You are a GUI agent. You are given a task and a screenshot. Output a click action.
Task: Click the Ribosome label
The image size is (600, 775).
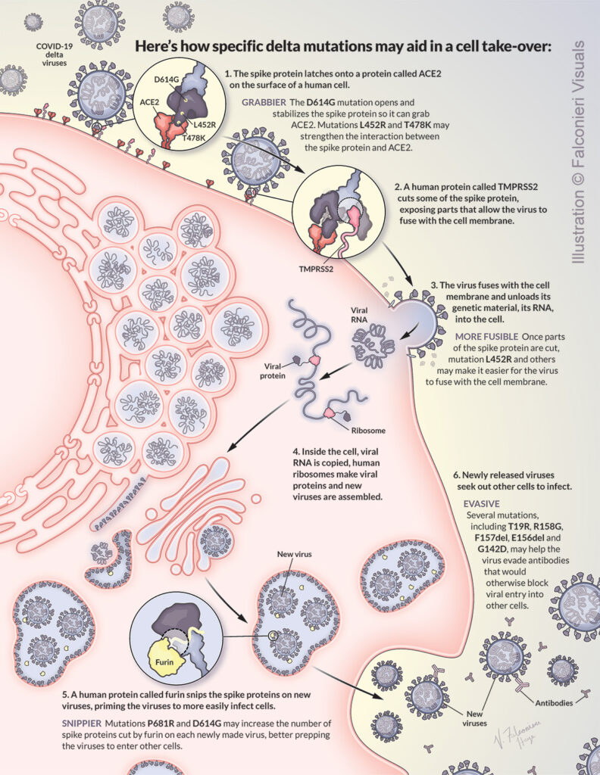(370, 430)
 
